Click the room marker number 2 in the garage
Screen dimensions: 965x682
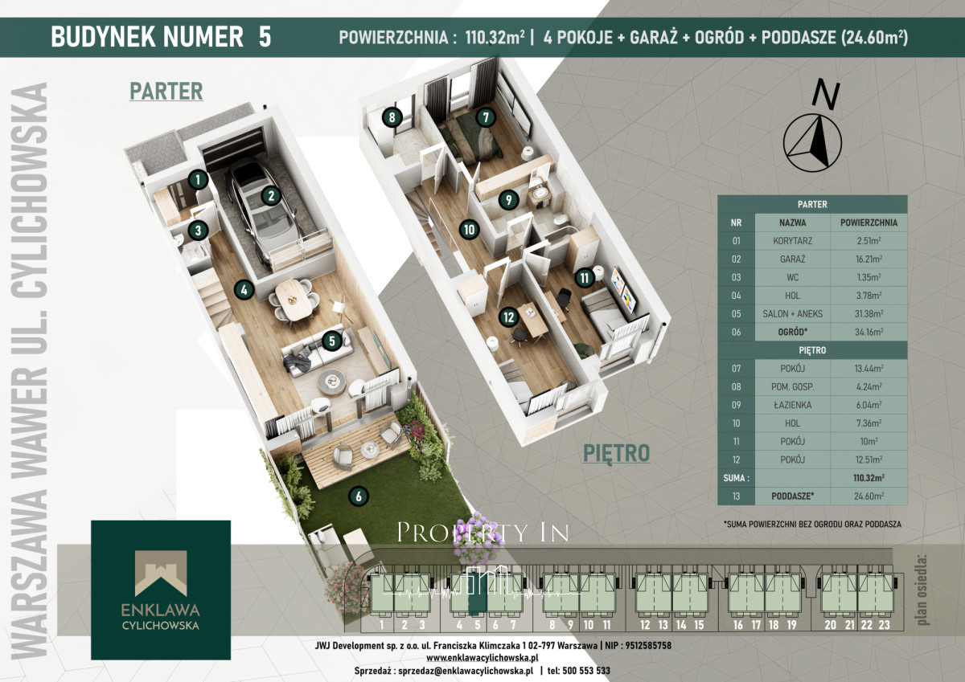tap(271, 196)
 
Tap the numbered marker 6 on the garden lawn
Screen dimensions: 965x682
tap(359, 496)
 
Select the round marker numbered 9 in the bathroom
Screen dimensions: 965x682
tap(509, 200)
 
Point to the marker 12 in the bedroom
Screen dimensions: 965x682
tap(509, 317)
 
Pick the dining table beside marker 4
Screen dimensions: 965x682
tap(294, 300)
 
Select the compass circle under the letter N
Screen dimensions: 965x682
tap(812, 143)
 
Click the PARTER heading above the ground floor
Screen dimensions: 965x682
tap(166, 92)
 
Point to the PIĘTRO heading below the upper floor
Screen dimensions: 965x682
tap(616, 454)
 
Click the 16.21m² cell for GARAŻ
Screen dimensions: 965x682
tap(868, 259)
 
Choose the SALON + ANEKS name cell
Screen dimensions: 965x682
tap(792, 313)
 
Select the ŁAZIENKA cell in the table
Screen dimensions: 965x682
tap(792, 405)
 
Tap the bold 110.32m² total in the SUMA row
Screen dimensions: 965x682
tap(868, 478)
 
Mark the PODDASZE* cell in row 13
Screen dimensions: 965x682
tap(792, 496)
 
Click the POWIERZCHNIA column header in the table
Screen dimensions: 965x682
tap(868, 223)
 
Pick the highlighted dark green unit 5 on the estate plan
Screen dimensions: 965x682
tap(478, 593)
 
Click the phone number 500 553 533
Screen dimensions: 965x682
tap(586, 671)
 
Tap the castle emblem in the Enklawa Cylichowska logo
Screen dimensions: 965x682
tap(161, 573)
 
